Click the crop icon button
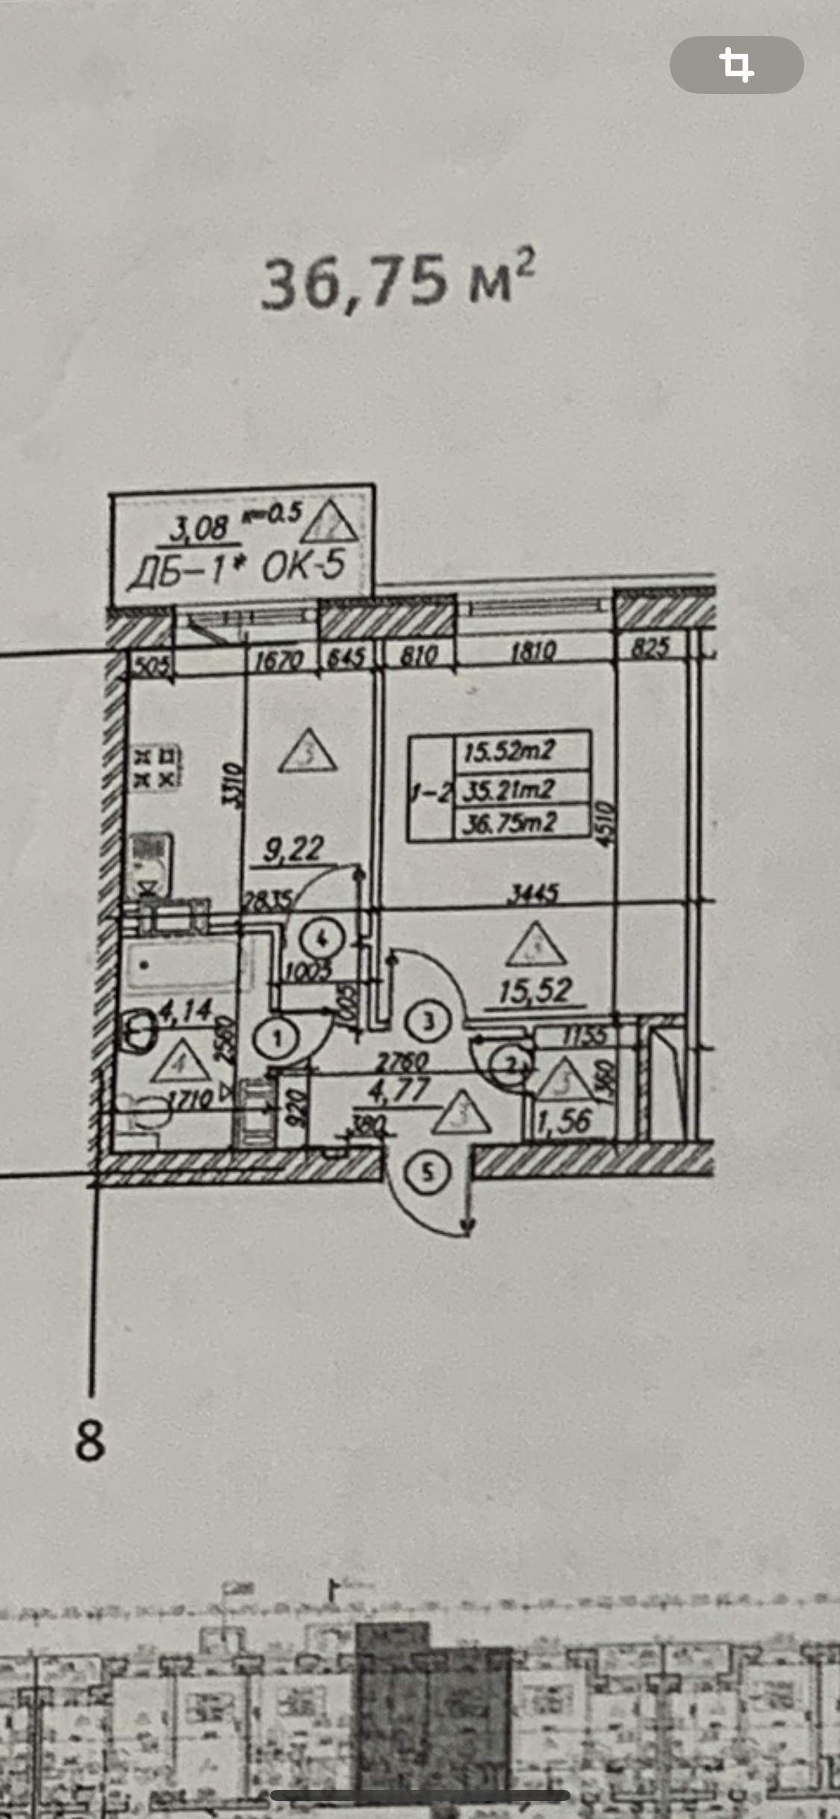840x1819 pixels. [736, 65]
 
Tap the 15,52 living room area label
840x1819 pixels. [535, 991]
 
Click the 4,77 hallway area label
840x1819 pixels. [399, 1091]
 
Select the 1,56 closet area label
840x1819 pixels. [565, 1121]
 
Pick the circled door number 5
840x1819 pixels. [428, 1171]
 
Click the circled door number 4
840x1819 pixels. [323, 939]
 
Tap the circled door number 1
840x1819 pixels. [277, 1037]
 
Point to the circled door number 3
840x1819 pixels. [428, 1021]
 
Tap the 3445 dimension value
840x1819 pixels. [532, 893]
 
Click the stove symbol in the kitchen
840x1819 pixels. [156, 768]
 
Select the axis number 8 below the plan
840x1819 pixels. [90, 1440]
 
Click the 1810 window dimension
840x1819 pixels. [533, 653]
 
